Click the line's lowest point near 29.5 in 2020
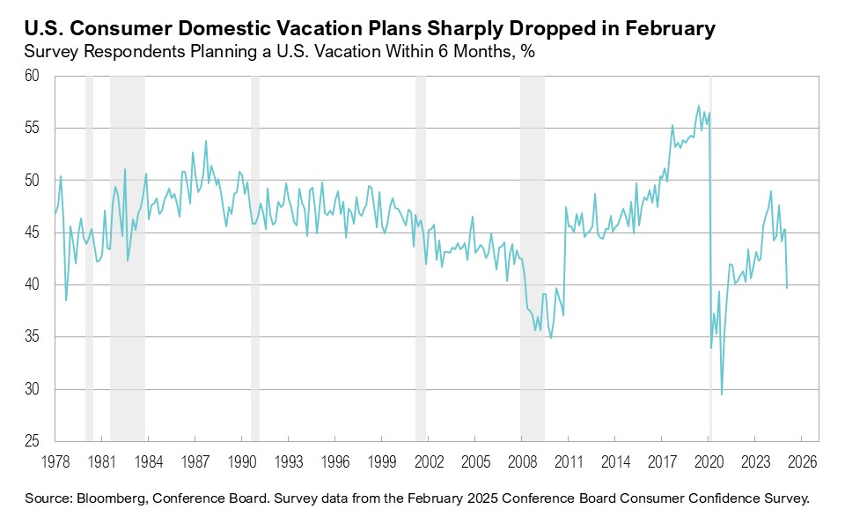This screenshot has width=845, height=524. coord(722,394)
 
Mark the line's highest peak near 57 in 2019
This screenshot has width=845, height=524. coord(699,107)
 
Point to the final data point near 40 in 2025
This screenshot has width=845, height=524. coord(787,287)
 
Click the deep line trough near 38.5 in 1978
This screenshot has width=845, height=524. coord(66,300)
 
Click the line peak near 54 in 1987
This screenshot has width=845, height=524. coord(206,141)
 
